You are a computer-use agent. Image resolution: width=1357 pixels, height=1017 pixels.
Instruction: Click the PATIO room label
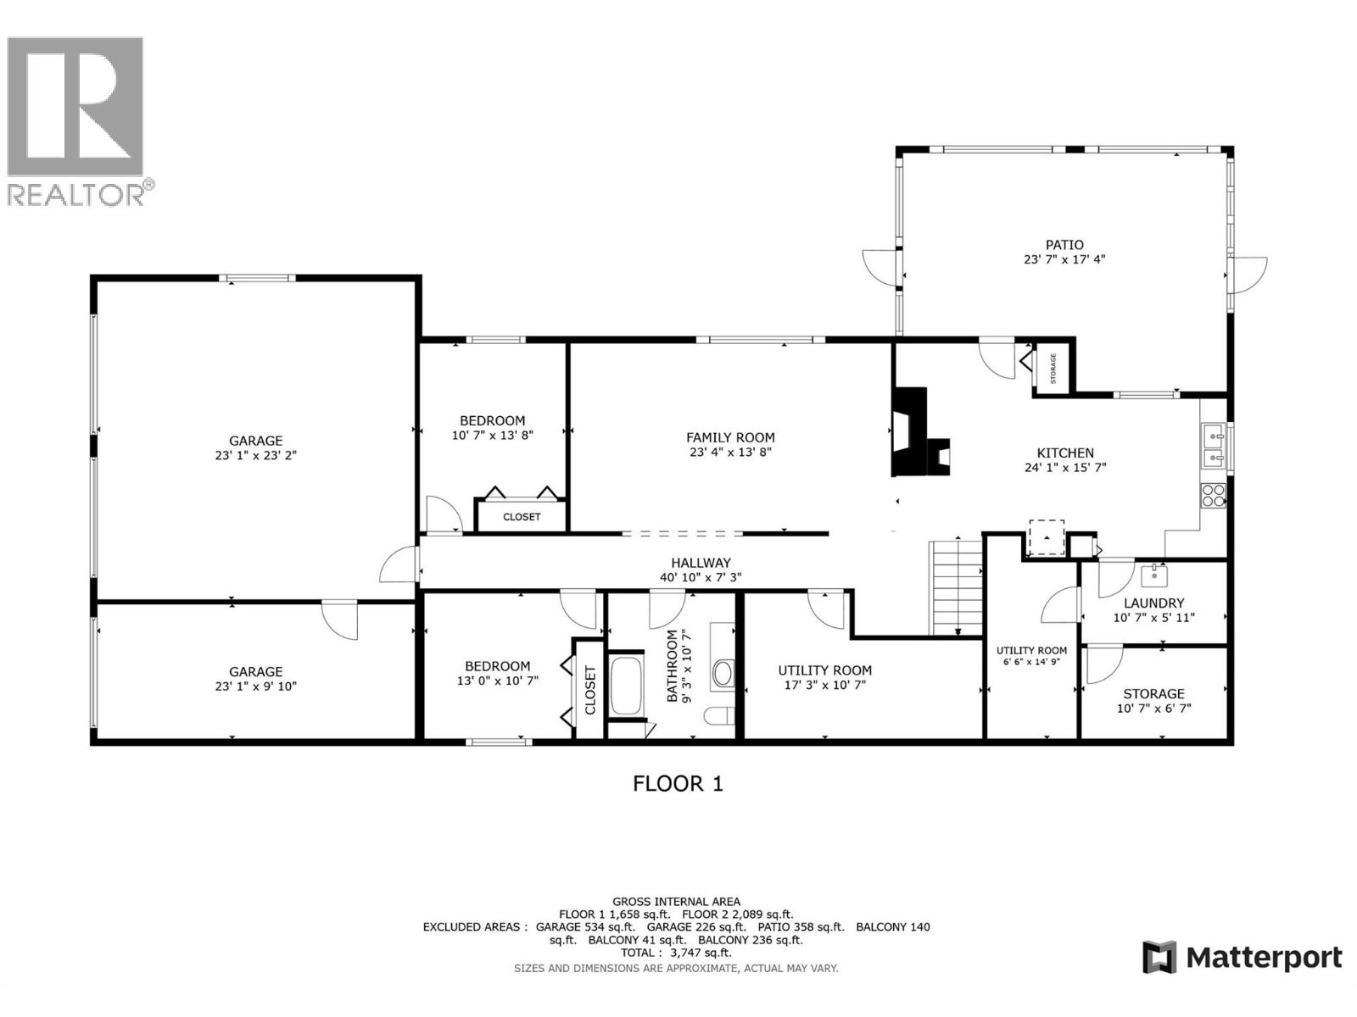[1064, 245]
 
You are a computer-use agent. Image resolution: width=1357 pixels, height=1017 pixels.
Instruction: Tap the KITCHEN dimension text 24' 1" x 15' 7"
[1065, 467]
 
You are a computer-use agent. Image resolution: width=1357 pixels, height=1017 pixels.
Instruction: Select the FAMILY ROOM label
[730, 437]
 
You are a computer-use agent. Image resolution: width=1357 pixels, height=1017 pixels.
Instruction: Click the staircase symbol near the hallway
[956, 586]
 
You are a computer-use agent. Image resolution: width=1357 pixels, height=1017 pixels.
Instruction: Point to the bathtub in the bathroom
[627, 685]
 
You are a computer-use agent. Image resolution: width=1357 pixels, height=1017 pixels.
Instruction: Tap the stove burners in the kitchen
[1214, 495]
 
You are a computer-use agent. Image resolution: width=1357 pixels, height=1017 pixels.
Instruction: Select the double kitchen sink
[1214, 447]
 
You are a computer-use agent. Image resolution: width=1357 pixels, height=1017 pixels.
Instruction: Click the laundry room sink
[1153, 576]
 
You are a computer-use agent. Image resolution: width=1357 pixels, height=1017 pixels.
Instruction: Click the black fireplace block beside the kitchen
[912, 432]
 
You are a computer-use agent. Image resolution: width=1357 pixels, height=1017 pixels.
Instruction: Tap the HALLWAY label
[701, 563]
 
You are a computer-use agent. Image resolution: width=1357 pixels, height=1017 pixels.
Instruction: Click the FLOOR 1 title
[678, 783]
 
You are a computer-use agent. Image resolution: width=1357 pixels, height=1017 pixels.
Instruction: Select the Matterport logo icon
[1159, 958]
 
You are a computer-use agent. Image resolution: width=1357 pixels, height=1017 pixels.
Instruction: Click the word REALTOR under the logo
[76, 194]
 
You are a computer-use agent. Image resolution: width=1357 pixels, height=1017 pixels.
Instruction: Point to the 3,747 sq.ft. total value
[701, 953]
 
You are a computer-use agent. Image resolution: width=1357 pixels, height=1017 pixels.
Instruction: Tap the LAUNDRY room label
[1153, 603]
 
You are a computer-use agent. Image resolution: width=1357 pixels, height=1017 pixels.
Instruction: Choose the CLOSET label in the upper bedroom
[522, 516]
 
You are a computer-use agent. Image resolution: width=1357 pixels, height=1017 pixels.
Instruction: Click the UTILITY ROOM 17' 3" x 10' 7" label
[824, 670]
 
